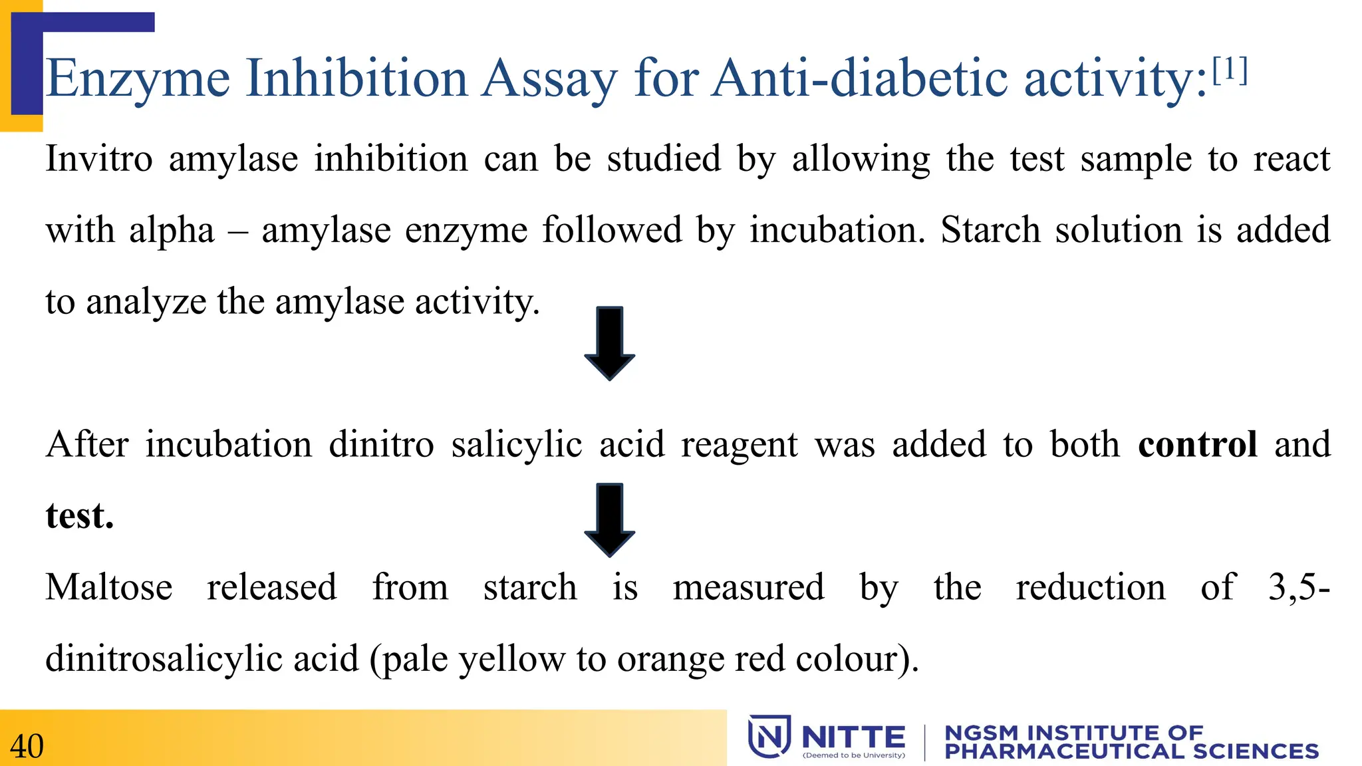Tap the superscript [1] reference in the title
[x=1230, y=70]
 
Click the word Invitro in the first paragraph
[x=98, y=160]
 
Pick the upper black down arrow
[x=609, y=343]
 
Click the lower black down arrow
[x=609, y=519]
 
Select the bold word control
[x=1197, y=444]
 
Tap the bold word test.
[x=80, y=516]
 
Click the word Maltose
[x=109, y=588]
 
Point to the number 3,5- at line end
[x=1298, y=588]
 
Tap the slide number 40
[x=27, y=746]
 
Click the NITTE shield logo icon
[x=769, y=736]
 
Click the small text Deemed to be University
[x=854, y=755]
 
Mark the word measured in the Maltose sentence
[x=748, y=588]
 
